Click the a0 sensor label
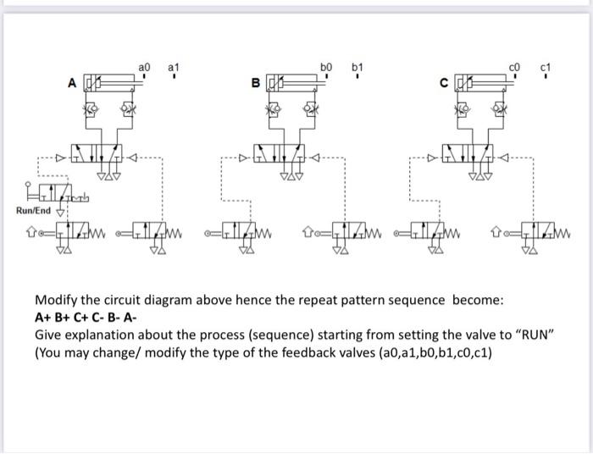click(x=144, y=66)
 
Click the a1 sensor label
click(x=174, y=66)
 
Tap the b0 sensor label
click(x=327, y=66)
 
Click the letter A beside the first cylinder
click(x=73, y=82)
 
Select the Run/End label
click(x=35, y=211)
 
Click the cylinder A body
click(x=114, y=83)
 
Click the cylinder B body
click(x=296, y=83)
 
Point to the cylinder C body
click(x=484, y=83)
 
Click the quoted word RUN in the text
click(x=532, y=332)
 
